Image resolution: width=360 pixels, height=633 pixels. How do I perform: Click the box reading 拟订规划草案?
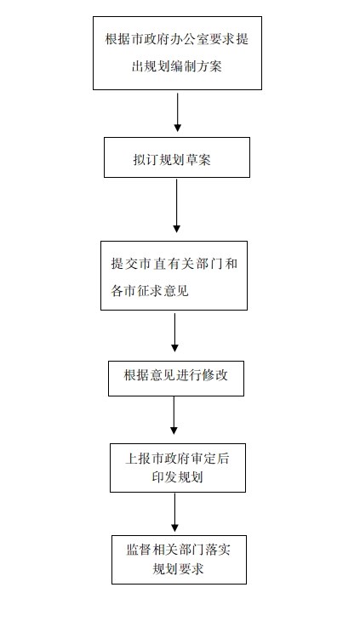177,157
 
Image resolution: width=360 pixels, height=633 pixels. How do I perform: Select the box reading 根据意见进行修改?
176,379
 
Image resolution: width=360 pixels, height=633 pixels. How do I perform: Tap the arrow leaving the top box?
177,112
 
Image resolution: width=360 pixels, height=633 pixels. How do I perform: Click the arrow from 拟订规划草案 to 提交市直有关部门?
176,206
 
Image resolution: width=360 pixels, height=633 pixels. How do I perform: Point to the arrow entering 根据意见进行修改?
174,333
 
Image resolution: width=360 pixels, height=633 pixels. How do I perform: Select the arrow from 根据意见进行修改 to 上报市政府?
174,415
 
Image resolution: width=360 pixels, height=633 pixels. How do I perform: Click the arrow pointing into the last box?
174,512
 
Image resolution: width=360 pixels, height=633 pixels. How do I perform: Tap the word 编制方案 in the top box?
196,66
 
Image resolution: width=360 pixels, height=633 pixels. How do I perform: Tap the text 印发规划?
177,477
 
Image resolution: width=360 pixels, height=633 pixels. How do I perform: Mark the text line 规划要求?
178,569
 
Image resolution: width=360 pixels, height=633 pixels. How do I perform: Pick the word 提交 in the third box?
124,264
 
